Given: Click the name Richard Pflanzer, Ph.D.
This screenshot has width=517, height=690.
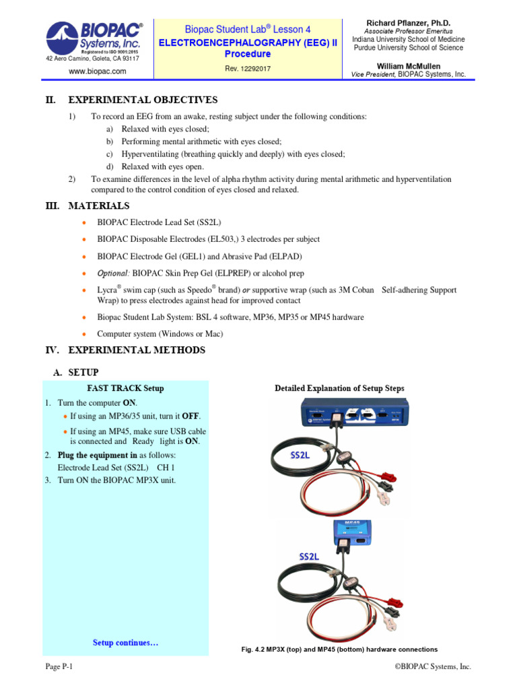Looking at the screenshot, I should pos(408,23).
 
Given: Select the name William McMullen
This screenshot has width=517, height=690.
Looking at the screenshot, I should pos(408,65).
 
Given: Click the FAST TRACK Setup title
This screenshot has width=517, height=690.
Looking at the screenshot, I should pos(125,388).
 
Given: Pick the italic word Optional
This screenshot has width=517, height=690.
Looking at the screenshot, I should pos(112,273).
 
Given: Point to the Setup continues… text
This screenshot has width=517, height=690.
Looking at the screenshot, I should pos(125,643).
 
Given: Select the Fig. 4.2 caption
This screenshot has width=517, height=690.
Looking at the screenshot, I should pos(339,650).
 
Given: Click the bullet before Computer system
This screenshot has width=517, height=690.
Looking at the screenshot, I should pos(83,334).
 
